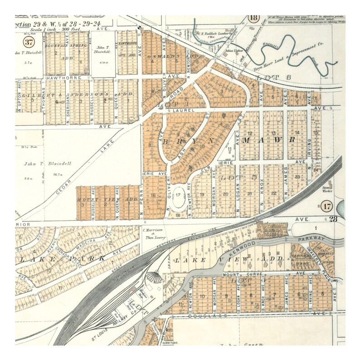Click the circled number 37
click(x=29, y=43)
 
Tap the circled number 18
click(x=253, y=18)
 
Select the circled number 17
click(x=328, y=207)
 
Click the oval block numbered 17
click(x=178, y=195)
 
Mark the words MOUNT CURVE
click(x=240, y=274)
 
